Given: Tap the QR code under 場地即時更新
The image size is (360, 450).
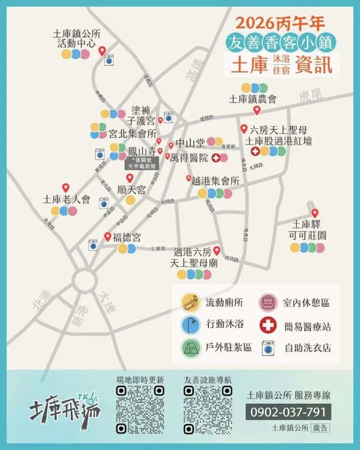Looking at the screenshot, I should point(140,409).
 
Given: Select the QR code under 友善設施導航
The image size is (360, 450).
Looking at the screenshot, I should point(208,409).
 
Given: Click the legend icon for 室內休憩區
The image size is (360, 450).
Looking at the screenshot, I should point(267,303).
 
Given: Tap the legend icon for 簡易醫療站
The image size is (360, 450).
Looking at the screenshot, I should point(267,325).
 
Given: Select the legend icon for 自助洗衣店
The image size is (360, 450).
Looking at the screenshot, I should point(267,348).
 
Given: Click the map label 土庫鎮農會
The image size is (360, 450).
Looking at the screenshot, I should point(253,100).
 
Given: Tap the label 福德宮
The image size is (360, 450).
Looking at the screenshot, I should point(127,237).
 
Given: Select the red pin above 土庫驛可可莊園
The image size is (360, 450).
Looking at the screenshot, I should point(314,213).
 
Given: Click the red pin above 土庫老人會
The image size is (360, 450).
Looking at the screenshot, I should point(65,188).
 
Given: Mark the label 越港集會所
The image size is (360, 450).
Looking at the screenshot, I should point(215,181).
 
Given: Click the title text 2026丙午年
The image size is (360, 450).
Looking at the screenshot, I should point(280,23).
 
